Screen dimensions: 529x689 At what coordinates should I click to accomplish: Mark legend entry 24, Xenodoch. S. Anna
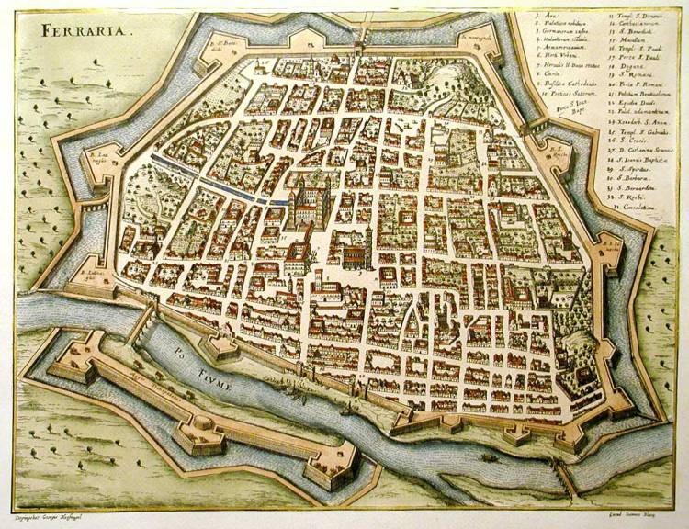pyautogui.click(x=634, y=122)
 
